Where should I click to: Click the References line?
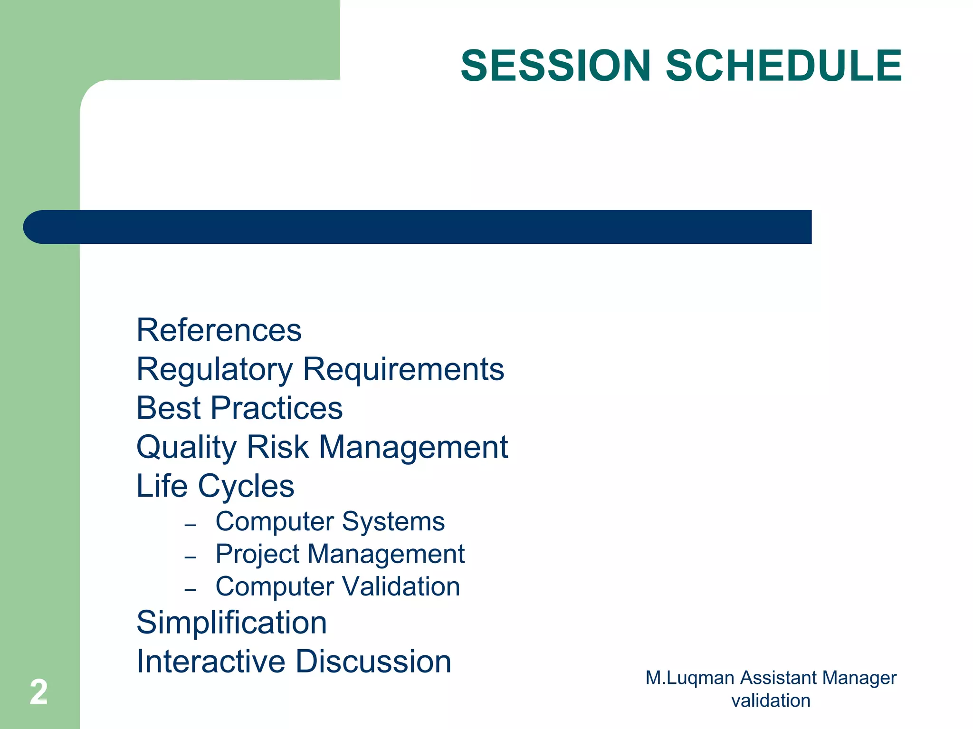pos(219,330)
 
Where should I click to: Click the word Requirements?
pos(403,369)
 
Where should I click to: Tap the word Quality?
pos(186,448)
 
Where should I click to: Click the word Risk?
pos(277,447)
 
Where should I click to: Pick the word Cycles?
pos(246,487)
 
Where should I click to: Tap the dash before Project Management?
pos(191,557)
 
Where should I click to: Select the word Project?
pos(258,555)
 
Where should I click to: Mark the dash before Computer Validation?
pos(191,590)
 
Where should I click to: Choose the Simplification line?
pos(232,623)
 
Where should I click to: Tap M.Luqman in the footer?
pos(690,678)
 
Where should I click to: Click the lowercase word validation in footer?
pos(771,701)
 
